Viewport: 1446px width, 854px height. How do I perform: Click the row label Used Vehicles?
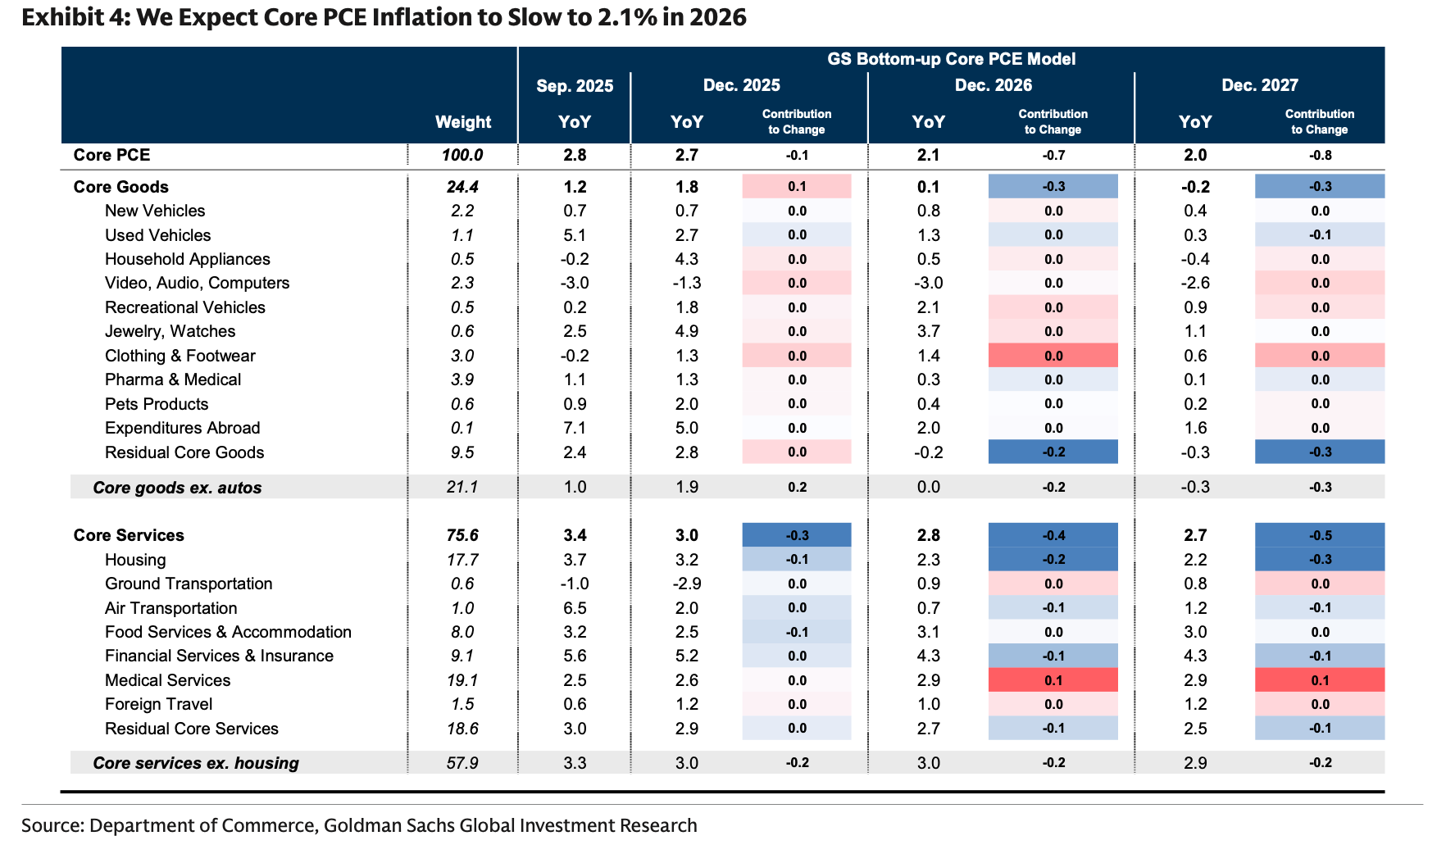pyautogui.click(x=157, y=235)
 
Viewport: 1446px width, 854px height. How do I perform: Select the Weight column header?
pyautogui.click(x=463, y=122)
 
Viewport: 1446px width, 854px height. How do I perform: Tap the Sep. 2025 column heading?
pyautogui.click(x=575, y=86)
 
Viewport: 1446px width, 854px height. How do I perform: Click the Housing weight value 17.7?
pyautogui.click(x=462, y=560)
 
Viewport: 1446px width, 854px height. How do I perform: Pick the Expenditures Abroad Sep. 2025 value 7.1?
pyautogui.click(x=575, y=428)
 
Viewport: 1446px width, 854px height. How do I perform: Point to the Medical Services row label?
pyautogui.click(x=167, y=680)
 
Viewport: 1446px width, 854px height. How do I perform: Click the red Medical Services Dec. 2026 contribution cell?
pyautogui.click(x=1053, y=680)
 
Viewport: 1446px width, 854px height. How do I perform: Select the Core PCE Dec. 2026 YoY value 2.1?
pyautogui.click(x=928, y=155)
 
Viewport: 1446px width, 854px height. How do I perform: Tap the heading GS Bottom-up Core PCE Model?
pyautogui.click(x=951, y=59)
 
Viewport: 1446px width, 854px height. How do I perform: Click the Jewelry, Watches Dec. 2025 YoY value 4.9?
pyautogui.click(x=686, y=331)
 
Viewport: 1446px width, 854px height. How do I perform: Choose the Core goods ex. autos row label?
pyautogui.click(x=177, y=488)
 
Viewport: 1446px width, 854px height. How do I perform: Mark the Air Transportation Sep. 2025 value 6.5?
pyautogui.click(x=575, y=608)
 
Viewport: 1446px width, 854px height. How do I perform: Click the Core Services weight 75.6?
pyautogui.click(x=462, y=535)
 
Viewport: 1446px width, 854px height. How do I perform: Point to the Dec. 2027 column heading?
pyautogui.click(x=1259, y=85)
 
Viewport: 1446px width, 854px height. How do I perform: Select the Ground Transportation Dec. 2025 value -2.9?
pyautogui.click(x=686, y=584)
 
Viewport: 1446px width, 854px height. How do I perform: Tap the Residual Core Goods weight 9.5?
pyautogui.click(x=462, y=452)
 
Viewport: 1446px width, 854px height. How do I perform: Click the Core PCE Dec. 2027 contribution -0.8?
pyautogui.click(x=1320, y=155)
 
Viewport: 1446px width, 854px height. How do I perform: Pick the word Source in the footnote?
pyautogui.click(x=51, y=825)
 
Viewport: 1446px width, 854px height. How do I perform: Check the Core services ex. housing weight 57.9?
pyautogui.click(x=462, y=763)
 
